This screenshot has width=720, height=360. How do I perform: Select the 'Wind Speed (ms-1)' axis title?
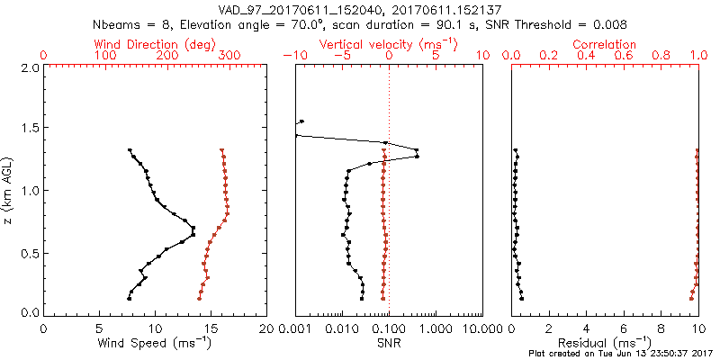(155, 342)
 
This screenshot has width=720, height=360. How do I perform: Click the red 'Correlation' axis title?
(605, 44)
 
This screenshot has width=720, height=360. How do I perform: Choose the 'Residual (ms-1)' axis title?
(605, 342)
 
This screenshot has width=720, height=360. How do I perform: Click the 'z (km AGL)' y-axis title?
(9, 190)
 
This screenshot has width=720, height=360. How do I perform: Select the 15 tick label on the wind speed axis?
(211, 328)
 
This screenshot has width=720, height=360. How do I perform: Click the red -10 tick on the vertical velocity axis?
(291, 56)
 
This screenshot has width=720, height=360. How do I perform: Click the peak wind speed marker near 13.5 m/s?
(193, 234)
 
